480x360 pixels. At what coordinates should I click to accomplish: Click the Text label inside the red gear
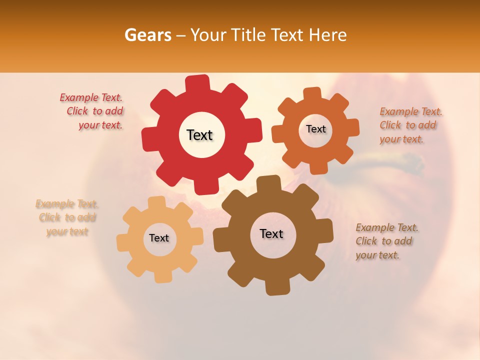[199, 135]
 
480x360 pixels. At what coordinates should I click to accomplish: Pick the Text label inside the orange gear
[315, 129]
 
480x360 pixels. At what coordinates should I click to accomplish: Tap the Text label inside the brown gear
[271, 233]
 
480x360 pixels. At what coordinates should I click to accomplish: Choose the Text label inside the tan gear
[159, 238]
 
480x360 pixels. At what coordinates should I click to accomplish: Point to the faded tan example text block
[66, 217]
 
